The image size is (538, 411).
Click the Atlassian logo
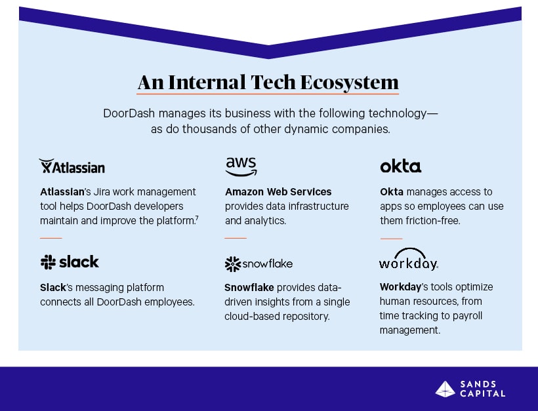tap(72, 166)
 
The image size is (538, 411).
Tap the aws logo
tap(241, 166)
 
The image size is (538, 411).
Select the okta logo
tap(400, 166)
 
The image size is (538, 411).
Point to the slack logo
tap(70, 262)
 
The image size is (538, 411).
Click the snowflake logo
tap(259, 264)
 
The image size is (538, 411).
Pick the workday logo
tap(408, 260)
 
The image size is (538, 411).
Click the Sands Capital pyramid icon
tap(445, 389)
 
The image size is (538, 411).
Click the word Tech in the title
tap(273, 82)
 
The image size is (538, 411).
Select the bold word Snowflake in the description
tap(249, 287)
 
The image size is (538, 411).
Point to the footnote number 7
tap(197, 218)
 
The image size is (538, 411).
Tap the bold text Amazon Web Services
tap(278, 191)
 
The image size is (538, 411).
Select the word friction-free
tap(433, 220)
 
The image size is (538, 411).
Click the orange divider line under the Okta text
tap(391, 238)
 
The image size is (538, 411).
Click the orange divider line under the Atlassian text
tap(51, 237)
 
